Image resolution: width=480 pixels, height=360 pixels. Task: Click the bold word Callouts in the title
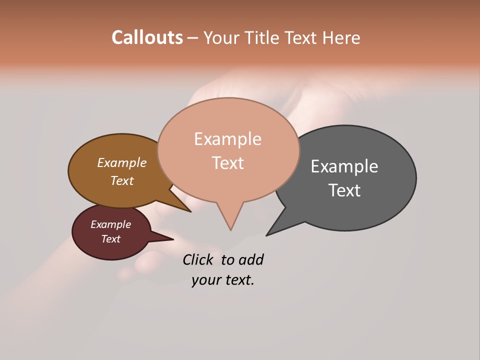click(x=147, y=37)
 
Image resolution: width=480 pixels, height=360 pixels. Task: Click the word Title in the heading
click(x=263, y=37)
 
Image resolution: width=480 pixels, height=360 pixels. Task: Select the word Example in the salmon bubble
click(x=227, y=139)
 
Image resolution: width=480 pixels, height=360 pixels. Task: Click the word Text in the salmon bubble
click(x=227, y=162)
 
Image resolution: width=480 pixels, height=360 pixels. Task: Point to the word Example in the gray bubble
click(x=344, y=166)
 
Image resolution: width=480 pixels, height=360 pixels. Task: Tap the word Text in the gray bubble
click(x=344, y=190)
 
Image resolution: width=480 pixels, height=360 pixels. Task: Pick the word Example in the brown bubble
click(x=122, y=162)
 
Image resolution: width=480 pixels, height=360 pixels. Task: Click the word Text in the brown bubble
click(x=122, y=180)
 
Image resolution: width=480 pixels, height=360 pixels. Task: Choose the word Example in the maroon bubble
click(x=110, y=224)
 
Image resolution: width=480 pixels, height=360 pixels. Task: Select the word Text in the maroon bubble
click(x=110, y=239)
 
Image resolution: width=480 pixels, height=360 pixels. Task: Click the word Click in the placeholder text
click(x=199, y=259)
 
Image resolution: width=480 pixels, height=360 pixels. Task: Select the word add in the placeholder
click(x=251, y=259)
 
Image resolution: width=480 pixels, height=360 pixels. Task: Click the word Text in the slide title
click(x=301, y=37)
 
